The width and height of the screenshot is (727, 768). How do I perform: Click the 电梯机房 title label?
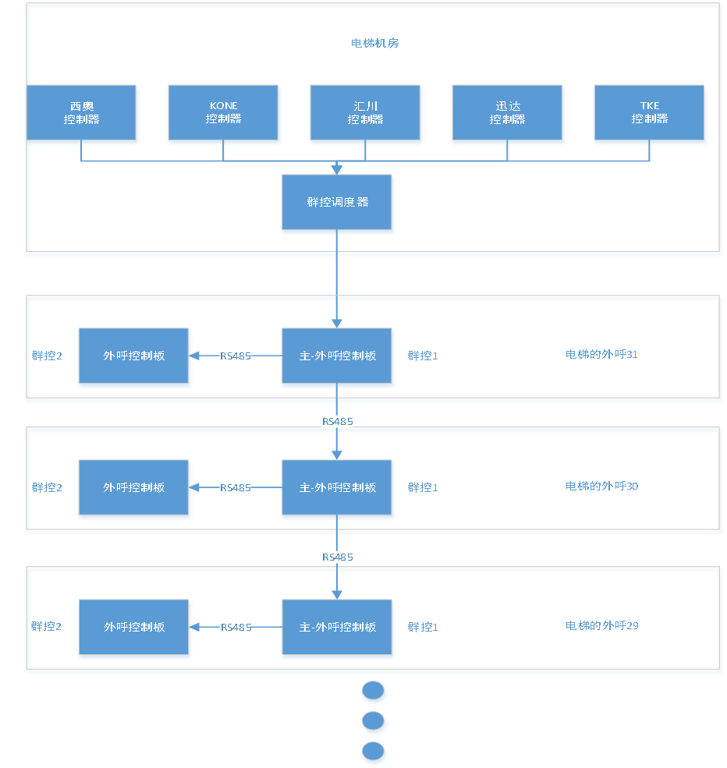(x=374, y=44)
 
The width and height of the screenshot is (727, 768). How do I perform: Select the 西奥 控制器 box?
(x=82, y=113)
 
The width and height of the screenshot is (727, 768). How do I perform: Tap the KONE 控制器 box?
(x=223, y=113)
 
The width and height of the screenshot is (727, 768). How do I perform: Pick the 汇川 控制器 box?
(x=365, y=113)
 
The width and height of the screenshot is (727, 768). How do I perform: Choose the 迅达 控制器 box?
(x=507, y=113)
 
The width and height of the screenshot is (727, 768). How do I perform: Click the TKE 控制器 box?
(x=650, y=113)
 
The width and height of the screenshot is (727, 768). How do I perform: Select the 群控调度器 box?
(x=337, y=203)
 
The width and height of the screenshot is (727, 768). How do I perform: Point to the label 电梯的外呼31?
(x=601, y=355)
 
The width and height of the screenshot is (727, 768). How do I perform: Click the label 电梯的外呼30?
(x=601, y=487)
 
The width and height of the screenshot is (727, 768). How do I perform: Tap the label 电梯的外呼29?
(x=601, y=626)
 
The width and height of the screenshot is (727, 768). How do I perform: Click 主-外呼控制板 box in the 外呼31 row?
(x=337, y=356)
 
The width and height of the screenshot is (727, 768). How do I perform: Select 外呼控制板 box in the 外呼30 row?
(x=133, y=488)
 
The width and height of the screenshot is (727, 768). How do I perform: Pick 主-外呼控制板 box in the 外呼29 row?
(x=337, y=628)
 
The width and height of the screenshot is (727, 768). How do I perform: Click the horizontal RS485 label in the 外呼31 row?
(x=236, y=356)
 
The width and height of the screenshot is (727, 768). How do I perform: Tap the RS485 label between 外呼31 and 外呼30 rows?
(x=337, y=422)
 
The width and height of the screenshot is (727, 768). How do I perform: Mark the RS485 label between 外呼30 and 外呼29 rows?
(x=337, y=557)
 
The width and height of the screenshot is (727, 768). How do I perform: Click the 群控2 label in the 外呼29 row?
(x=47, y=627)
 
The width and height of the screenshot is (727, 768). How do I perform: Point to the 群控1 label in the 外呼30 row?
(x=423, y=488)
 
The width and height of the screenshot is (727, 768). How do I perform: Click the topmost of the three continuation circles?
(x=374, y=691)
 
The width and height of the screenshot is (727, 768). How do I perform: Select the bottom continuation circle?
(x=374, y=752)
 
